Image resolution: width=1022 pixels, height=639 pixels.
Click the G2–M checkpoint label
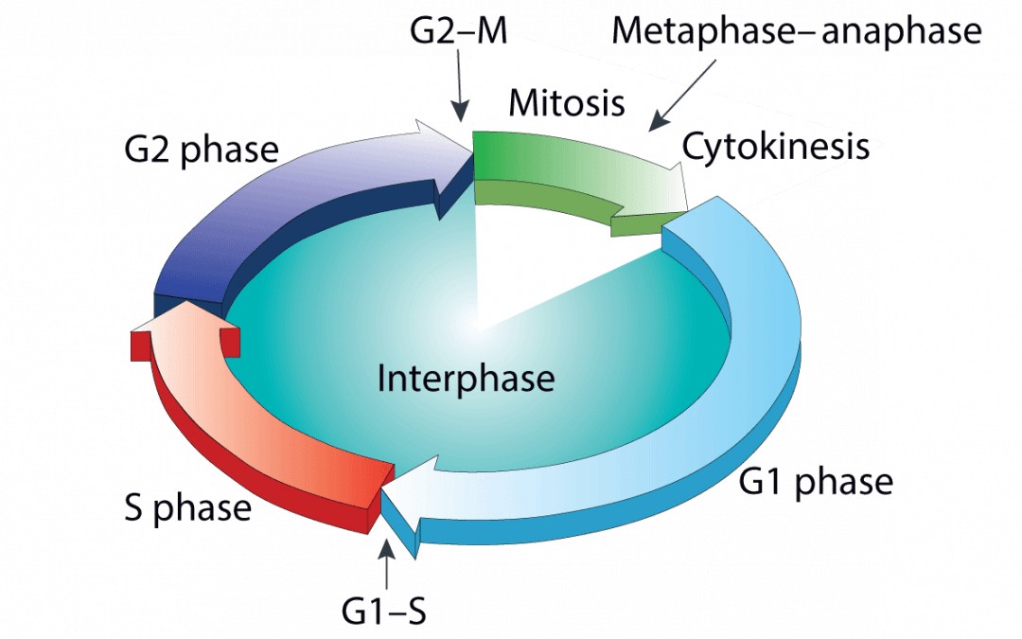(x=458, y=30)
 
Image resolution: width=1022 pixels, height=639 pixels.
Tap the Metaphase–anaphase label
(x=797, y=30)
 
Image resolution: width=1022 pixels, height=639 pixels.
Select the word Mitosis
(x=567, y=102)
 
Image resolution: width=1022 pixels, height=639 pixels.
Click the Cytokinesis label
(x=776, y=146)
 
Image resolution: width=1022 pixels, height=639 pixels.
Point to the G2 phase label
(x=202, y=150)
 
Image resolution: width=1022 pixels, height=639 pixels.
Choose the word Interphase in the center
(x=466, y=378)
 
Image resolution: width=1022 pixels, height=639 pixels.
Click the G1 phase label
(x=816, y=483)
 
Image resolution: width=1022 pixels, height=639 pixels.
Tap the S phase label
(x=187, y=508)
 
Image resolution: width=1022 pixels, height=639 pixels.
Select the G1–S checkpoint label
(x=384, y=611)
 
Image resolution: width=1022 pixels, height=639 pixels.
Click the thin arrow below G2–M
(x=460, y=86)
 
